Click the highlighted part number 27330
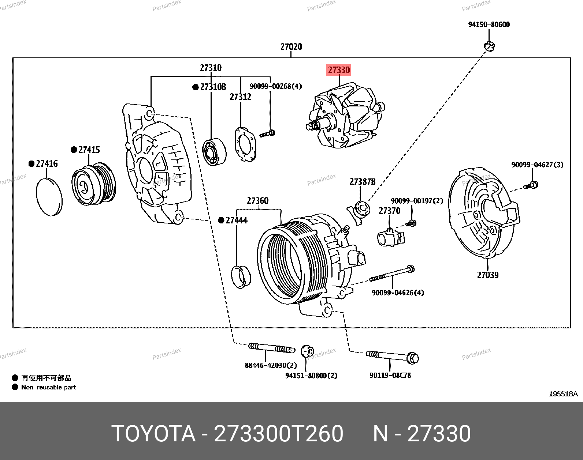click(x=339, y=70)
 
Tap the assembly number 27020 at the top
click(x=291, y=47)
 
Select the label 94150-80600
click(x=489, y=24)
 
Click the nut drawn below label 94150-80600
click(x=490, y=46)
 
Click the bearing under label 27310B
click(x=214, y=152)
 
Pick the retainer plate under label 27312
click(x=245, y=144)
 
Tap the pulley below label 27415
click(x=93, y=185)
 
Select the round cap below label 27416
click(x=49, y=197)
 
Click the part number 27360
click(x=257, y=201)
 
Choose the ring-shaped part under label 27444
click(x=241, y=277)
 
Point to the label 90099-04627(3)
click(x=537, y=165)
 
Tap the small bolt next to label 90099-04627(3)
click(x=531, y=185)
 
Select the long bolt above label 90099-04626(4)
click(x=392, y=274)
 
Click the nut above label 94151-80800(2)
click(x=307, y=351)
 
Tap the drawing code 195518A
click(x=563, y=394)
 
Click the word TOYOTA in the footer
click(x=153, y=434)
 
